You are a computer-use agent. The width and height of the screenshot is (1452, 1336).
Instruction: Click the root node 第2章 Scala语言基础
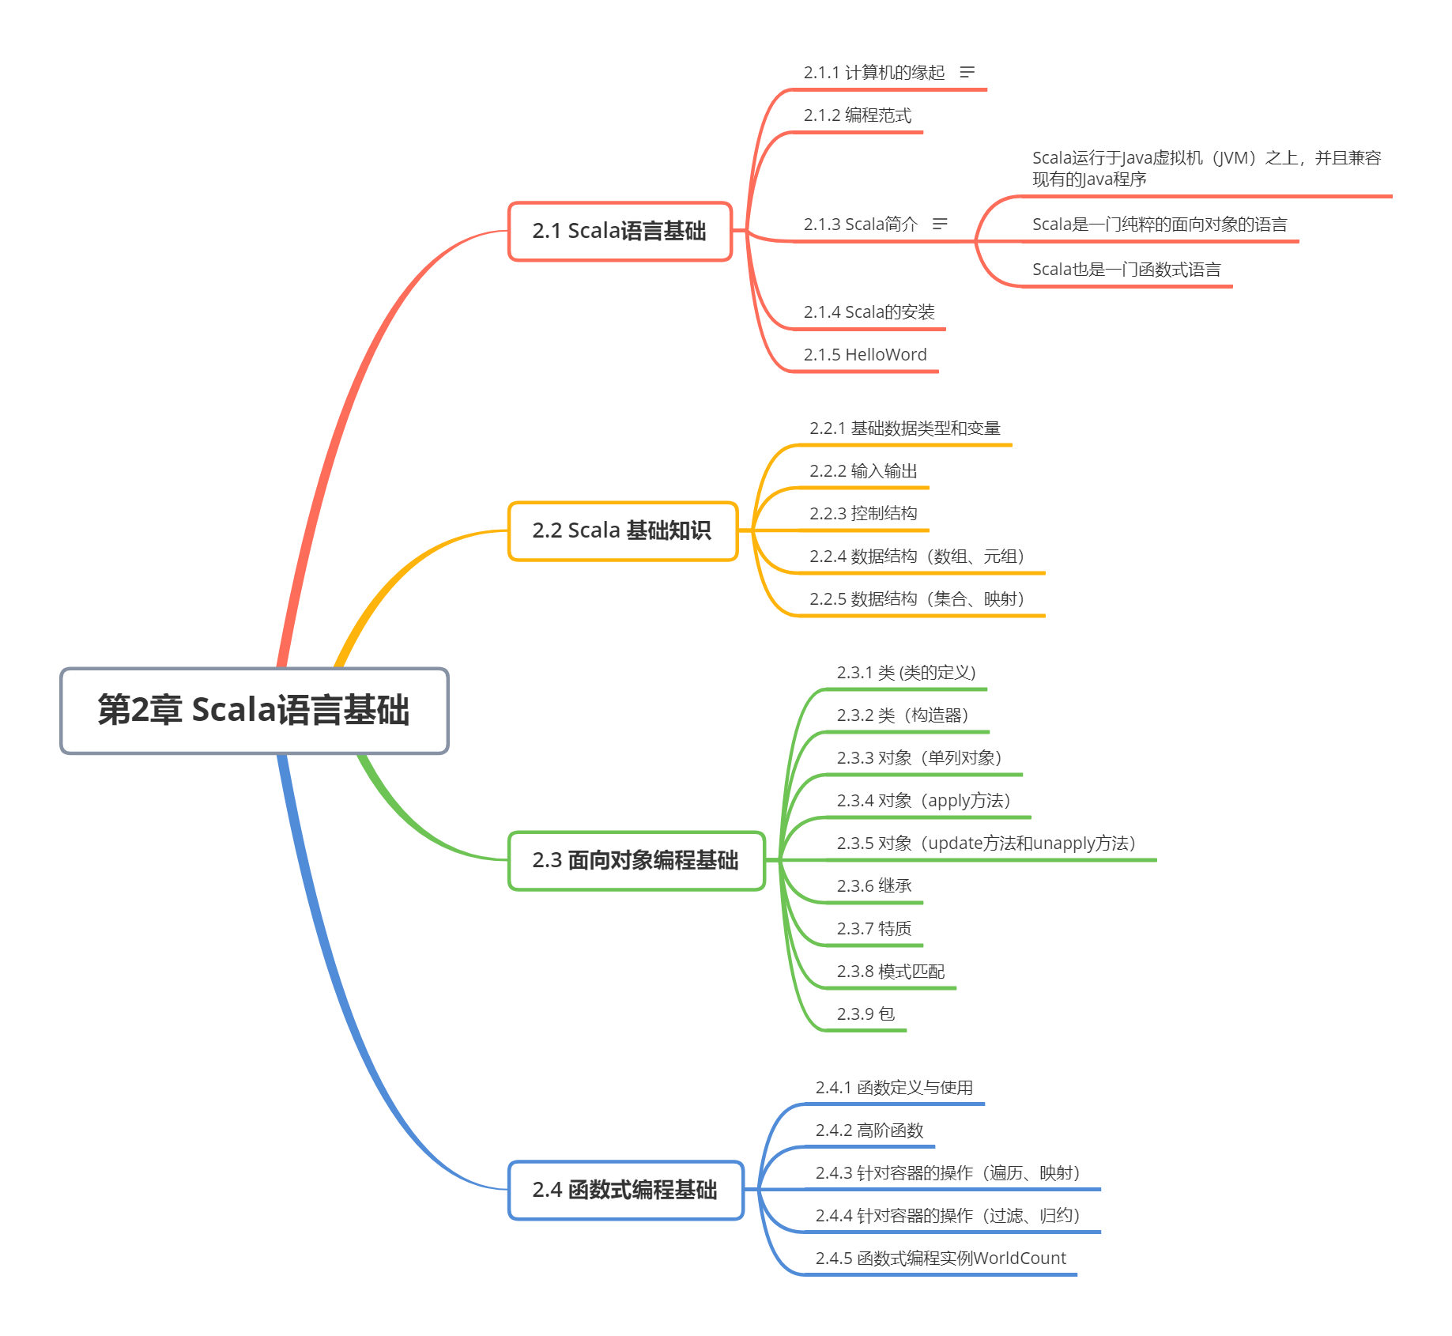pyautogui.click(x=254, y=710)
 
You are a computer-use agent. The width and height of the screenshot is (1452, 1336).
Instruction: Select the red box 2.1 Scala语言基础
pyautogui.click(x=620, y=231)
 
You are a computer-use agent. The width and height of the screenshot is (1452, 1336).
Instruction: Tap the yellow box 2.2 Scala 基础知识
pyautogui.click(x=622, y=530)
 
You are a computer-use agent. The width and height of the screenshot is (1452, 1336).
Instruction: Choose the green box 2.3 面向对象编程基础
pyautogui.click(x=635, y=860)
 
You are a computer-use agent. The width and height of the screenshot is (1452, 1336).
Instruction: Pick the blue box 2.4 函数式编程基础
pyautogui.click(x=625, y=1190)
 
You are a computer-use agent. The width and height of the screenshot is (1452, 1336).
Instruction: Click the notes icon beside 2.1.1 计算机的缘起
pyautogui.click(x=967, y=73)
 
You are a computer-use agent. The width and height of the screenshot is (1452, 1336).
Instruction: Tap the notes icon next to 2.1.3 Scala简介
pyautogui.click(x=940, y=225)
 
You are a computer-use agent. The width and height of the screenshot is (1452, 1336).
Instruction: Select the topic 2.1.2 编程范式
pyautogui.click(x=857, y=116)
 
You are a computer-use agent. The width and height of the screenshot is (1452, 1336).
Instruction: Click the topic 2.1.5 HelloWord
pyautogui.click(x=865, y=355)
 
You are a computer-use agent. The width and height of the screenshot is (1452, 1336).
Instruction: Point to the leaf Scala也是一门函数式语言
pyautogui.click(x=1126, y=270)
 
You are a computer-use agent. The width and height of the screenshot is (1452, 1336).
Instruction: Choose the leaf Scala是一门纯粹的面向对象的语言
pyautogui.click(x=1159, y=225)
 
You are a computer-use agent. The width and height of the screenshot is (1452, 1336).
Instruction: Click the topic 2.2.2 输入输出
pyautogui.click(x=862, y=471)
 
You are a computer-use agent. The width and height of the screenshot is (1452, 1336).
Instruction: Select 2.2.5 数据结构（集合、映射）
pyautogui.click(x=917, y=599)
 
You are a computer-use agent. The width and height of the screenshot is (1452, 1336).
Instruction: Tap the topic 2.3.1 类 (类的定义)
pyautogui.click(x=906, y=673)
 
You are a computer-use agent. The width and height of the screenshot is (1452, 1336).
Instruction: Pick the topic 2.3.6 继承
pyautogui.click(x=873, y=886)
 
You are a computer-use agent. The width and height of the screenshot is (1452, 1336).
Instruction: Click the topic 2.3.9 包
pyautogui.click(x=866, y=1014)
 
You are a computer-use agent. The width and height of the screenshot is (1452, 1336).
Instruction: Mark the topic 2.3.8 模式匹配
pyautogui.click(x=890, y=972)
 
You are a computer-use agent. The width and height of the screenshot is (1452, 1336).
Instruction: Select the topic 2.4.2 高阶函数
pyautogui.click(x=869, y=1131)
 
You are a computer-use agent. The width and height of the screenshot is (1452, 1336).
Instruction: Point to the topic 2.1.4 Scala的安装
pyautogui.click(x=869, y=312)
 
